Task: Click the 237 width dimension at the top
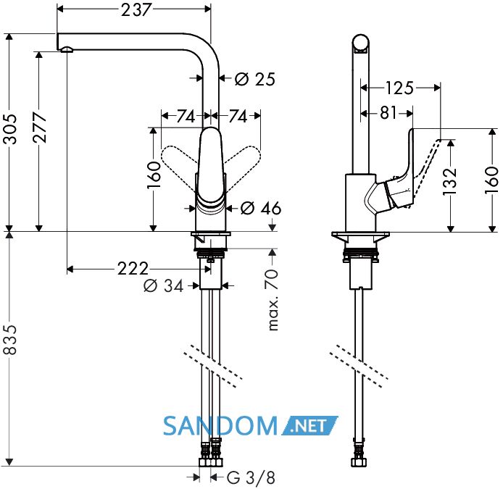coord(136,9)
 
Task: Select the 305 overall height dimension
coord(9,128)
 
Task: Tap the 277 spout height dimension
coord(39,128)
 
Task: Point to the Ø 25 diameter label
coord(255,79)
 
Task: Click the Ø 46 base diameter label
coord(261,208)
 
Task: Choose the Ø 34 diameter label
coord(164,285)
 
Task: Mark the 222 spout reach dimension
coord(133,269)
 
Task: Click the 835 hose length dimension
coord(9,340)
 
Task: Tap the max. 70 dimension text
coord(272,300)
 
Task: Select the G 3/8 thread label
coord(251,478)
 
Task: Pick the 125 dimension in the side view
coord(399,88)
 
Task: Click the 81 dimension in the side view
coord(388,113)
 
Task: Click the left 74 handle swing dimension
coord(186,116)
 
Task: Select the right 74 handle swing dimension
coord(238,116)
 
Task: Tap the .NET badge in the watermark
coord(309,426)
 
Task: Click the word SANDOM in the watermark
coord(220,426)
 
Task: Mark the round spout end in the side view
coord(360,43)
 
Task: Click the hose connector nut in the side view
coord(359,462)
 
